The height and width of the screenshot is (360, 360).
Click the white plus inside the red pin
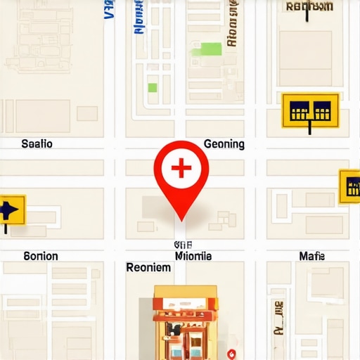[181, 168]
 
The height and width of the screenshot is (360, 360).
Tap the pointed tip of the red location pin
[181, 219]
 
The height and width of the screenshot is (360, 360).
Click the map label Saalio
[37, 144]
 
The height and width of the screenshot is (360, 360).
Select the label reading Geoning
[224, 144]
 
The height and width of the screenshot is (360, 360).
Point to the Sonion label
[41, 256]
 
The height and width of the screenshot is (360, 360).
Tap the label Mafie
[311, 256]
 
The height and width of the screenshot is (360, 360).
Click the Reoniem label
[148, 268]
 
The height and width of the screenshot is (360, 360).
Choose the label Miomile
[192, 256]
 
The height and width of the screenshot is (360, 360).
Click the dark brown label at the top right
[309, 7]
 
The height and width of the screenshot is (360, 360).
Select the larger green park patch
[210, 49]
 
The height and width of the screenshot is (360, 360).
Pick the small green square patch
[152, 88]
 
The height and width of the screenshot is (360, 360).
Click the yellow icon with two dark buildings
[310, 110]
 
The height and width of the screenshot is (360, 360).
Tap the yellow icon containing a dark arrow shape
[11, 210]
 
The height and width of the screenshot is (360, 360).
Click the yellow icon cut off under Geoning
[349, 186]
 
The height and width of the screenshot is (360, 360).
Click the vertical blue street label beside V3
[139, 18]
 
